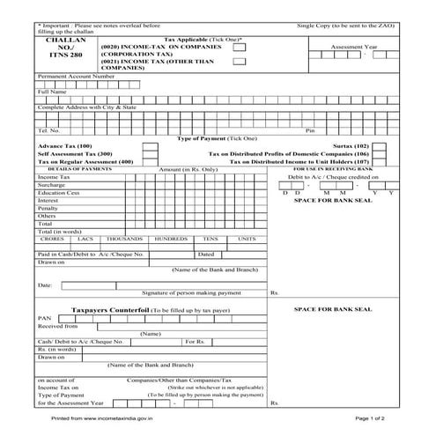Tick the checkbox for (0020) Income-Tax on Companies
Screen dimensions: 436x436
[x=240, y=47]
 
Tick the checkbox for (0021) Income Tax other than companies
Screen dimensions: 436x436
[x=240, y=62]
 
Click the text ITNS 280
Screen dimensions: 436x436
[x=65, y=55]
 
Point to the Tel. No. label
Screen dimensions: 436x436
[x=48, y=130]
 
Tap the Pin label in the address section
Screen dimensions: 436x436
[x=309, y=130]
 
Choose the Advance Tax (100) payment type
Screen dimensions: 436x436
[x=64, y=145]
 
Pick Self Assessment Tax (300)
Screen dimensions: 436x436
[x=74, y=153]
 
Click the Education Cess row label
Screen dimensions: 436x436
[x=58, y=192]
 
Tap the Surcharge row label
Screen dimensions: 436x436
[x=52, y=185]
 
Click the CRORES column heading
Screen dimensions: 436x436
[x=52, y=239]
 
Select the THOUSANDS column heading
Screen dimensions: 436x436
[x=123, y=239]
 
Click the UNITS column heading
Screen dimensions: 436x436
[x=247, y=239]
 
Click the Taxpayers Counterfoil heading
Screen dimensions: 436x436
[x=109, y=311]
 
